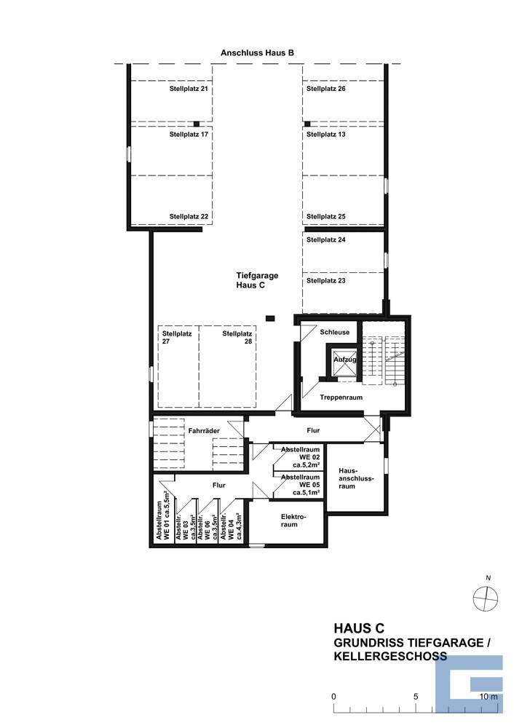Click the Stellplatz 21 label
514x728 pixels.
click(x=189, y=89)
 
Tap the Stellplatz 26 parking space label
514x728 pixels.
click(x=326, y=89)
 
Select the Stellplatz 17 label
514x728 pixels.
click(x=189, y=135)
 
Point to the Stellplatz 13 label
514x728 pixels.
click(x=326, y=135)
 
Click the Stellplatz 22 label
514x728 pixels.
click(x=189, y=216)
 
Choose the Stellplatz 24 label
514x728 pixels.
click(x=326, y=240)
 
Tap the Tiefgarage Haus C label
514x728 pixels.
click(x=257, y=280)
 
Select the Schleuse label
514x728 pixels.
click(x=335, y=333)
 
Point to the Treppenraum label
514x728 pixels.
click(x=341, y=397)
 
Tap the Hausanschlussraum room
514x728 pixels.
click(x=356, y=478)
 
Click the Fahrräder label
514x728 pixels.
click(x=204, y=431)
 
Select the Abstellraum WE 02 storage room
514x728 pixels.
click(x=300, y=457)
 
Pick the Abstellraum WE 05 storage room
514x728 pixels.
click(x=300, y=486)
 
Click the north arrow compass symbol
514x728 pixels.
click(x=486, y=598)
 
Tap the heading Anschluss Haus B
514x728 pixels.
click(x=257, y=53)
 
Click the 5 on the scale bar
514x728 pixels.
click(x=416, y=697)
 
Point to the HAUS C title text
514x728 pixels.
click(x=359, y=628)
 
